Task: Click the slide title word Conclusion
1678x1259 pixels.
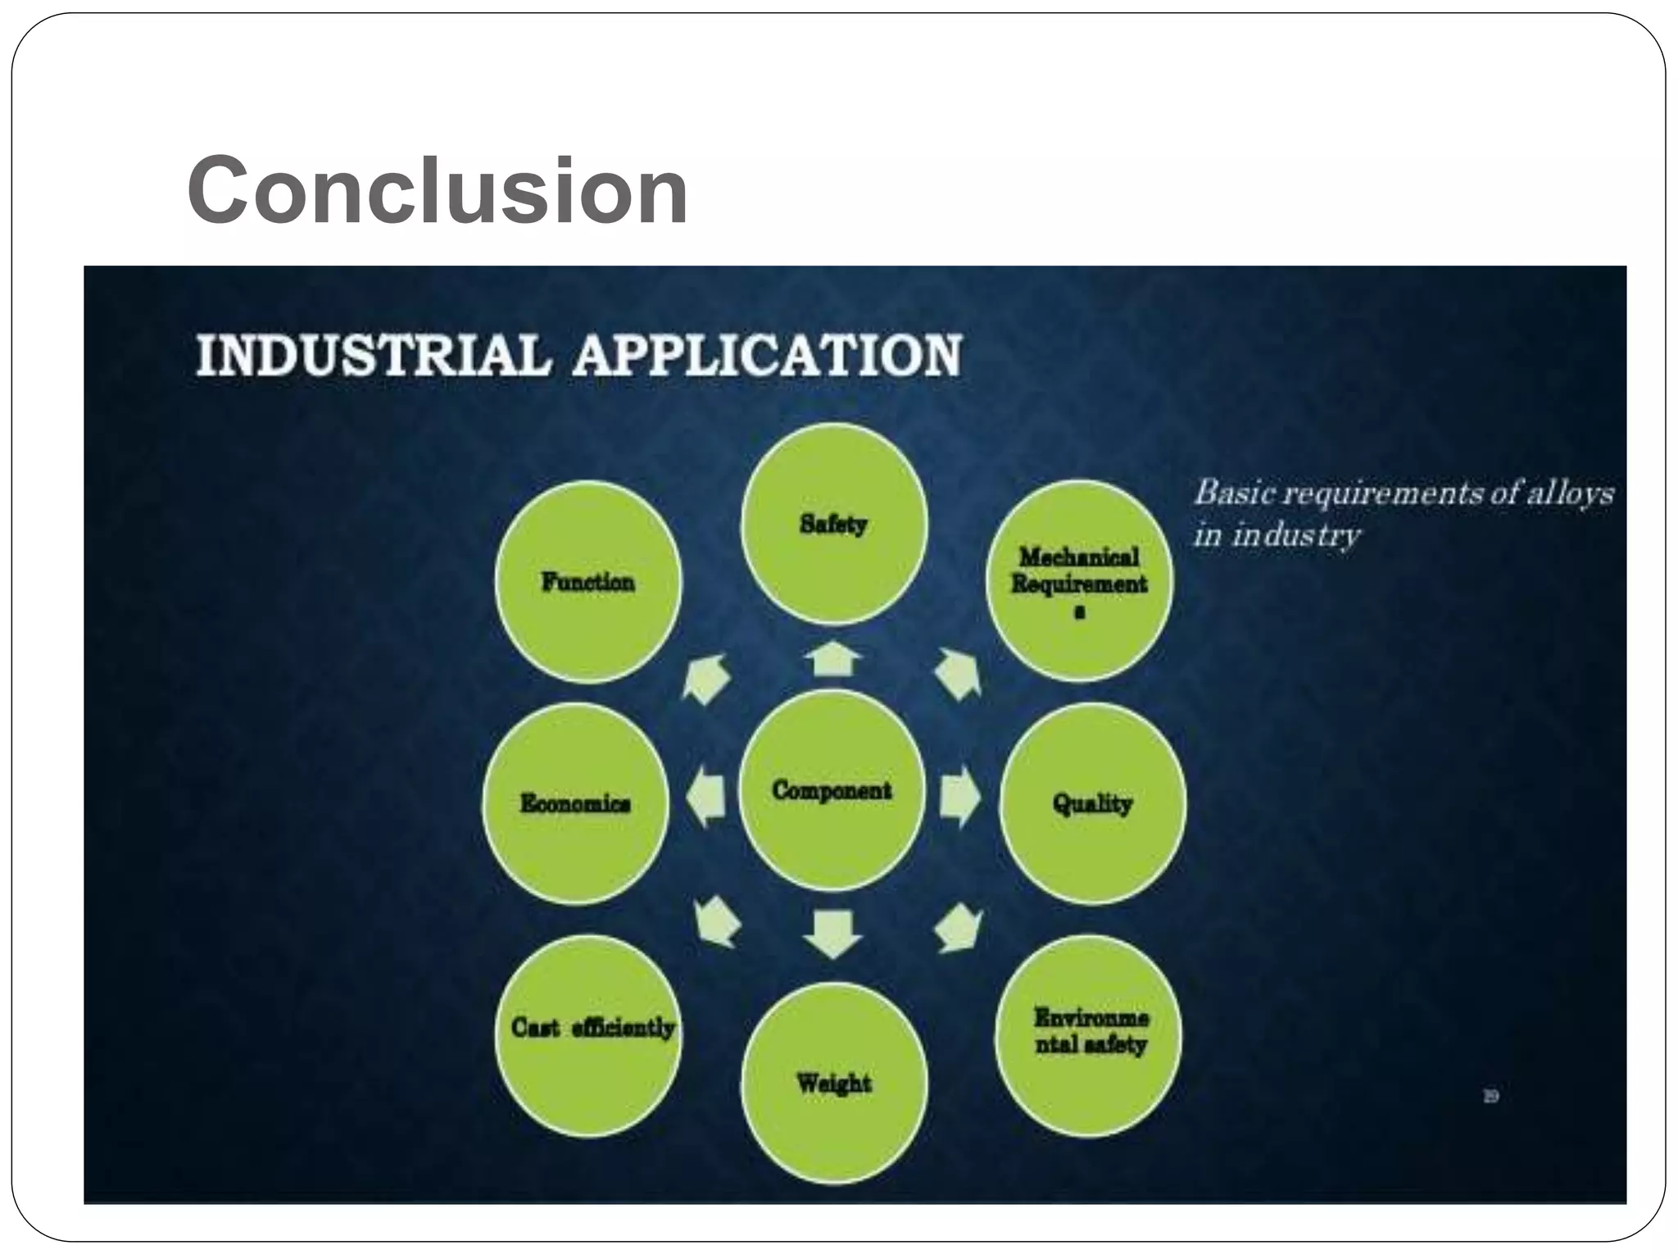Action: point(438,190)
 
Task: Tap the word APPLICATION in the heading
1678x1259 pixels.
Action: point(766,356)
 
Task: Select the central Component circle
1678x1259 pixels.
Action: point(832,790)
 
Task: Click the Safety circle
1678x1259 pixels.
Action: point(833,525)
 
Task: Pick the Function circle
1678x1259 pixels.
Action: point(587,582)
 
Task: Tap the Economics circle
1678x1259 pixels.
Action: point(575,803)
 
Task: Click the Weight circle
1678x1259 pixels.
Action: point(834,1084)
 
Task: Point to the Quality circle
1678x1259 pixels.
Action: point(1092,803)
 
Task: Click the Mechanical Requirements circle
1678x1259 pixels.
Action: point(1078,580)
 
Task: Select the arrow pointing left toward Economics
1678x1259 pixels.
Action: point(705,798)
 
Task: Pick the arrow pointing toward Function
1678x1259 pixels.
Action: point(705,679)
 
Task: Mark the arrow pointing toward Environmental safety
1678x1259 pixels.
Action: point(959,929)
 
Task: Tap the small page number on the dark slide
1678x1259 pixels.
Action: point(1490,1096)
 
